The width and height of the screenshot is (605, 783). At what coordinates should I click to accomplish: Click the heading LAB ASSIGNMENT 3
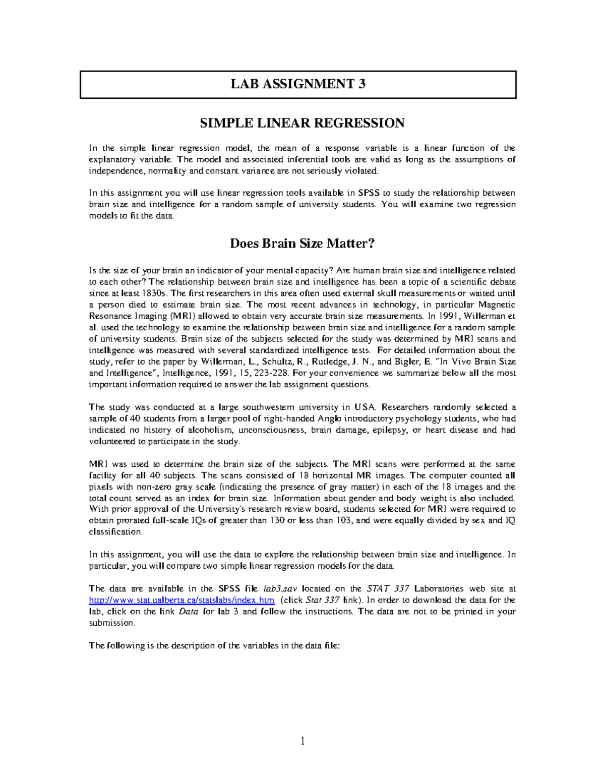coord(298,84)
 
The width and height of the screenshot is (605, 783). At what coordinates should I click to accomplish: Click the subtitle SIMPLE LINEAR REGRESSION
coord(302,123)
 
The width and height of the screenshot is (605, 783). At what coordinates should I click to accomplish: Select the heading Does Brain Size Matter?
coord(302,244)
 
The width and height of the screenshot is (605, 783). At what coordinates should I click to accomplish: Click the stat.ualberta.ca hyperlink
coord(181,600)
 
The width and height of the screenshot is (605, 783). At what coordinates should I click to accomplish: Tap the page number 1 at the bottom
coord(302,741)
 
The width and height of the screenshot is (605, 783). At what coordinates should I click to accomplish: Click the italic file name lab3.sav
coord(277,588)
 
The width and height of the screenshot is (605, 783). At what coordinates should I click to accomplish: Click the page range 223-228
coord(275,373)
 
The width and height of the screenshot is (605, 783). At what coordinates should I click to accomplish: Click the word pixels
coord(100,487)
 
